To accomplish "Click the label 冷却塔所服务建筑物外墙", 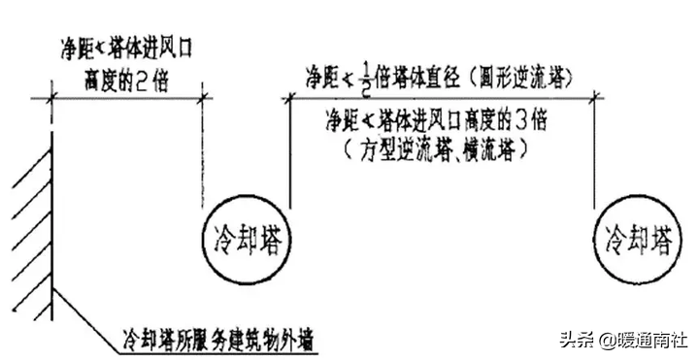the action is pos(217,340).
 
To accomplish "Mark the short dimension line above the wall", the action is pos(126,97).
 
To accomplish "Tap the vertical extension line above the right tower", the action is pos(593,155).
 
